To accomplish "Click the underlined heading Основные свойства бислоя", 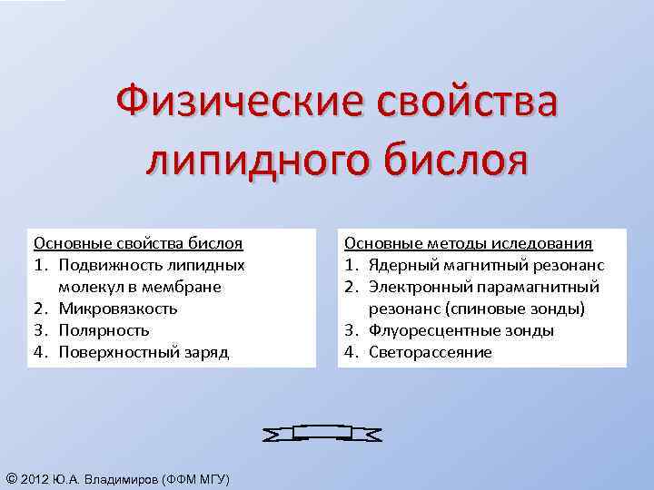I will [x=138, y=243].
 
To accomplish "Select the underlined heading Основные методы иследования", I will [x=469, y=243].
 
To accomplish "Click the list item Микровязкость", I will [x=118, y=309].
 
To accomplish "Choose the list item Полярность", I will [x=104, y=330].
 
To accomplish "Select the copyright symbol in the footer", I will [x=10, y=478].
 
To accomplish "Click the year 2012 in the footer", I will [x=35, y=479].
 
